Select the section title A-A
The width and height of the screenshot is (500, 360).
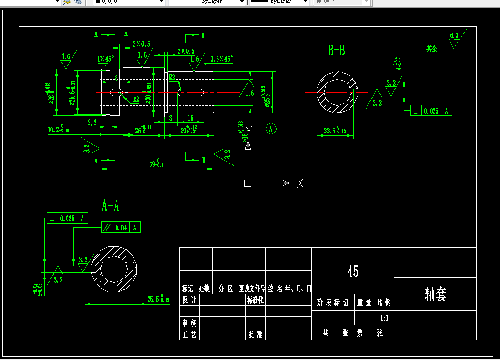(110, 206)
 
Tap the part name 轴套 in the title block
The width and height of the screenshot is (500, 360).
(435, 294)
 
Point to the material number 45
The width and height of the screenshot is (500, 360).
(353, 271)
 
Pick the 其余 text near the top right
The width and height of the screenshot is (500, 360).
(432, 49)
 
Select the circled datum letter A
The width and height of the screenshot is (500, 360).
(271, 129)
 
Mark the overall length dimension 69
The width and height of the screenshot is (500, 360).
(156, 164)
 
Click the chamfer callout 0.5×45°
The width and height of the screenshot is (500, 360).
(221, 59)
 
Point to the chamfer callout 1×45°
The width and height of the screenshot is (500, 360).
(105, 59)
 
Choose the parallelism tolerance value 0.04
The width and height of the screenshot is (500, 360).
(121, 227)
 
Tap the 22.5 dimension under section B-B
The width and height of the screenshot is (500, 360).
(335, 131)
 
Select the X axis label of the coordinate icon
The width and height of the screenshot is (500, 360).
(300, 183)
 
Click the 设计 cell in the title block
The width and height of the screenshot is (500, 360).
(189, 300)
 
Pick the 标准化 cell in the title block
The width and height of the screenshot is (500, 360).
(255, 300)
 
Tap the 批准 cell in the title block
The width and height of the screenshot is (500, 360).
(255, 334)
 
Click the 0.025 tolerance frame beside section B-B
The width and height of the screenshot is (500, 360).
(431, 111)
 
